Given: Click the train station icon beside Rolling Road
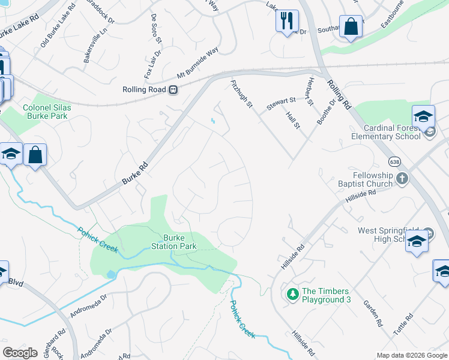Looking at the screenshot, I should pos(173,89).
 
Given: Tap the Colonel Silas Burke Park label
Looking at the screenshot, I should pos(47,112).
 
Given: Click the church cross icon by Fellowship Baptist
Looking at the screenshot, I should pos(402,178).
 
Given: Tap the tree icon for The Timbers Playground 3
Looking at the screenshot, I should pos(293,295).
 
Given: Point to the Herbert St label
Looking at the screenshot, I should pos(310,91).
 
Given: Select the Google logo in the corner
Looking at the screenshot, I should pos(20,353).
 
